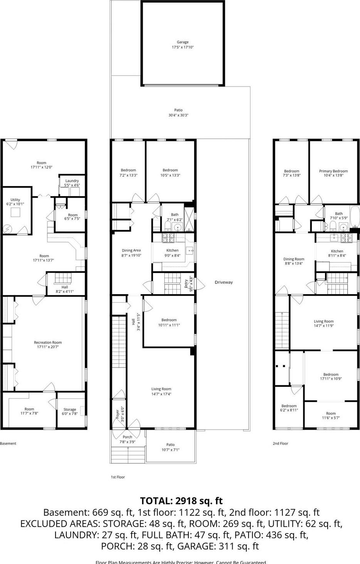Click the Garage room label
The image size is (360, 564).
[183, 42]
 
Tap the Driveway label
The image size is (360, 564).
[224, 282]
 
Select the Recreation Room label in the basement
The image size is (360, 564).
[48, 342]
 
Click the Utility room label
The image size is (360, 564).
[15, 200]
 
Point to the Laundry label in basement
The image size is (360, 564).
[72, 181]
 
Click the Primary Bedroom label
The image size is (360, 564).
[333, 171]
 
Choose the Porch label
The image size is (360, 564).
[127, 437]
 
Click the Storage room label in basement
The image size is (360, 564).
[70, 410]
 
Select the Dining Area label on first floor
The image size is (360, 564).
[131, 251]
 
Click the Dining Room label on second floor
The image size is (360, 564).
[294, 259]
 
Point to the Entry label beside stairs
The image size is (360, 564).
[186, 284]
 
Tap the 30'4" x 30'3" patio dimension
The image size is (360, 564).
[178, 115]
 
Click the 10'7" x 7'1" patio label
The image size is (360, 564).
[170, 450]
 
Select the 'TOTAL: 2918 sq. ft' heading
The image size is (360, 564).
[181, 501]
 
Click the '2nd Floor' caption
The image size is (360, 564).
[281, 444]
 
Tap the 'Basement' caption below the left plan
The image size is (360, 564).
[8, 444]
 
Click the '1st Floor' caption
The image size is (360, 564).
[118, 477]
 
